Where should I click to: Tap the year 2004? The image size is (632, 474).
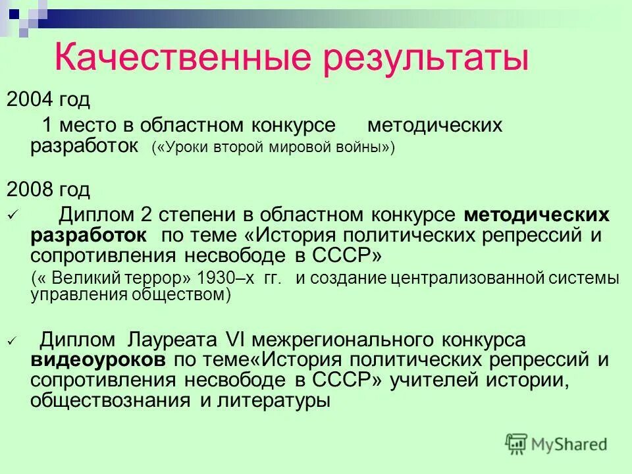click(30, 100)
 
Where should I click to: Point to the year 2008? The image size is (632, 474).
click(30, 190)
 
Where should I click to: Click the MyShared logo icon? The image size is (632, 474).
click(517, 444)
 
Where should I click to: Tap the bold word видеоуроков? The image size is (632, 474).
click(98, 360)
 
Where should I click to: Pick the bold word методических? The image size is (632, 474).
click(536, 215)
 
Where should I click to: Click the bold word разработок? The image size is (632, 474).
click(88, 236)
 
